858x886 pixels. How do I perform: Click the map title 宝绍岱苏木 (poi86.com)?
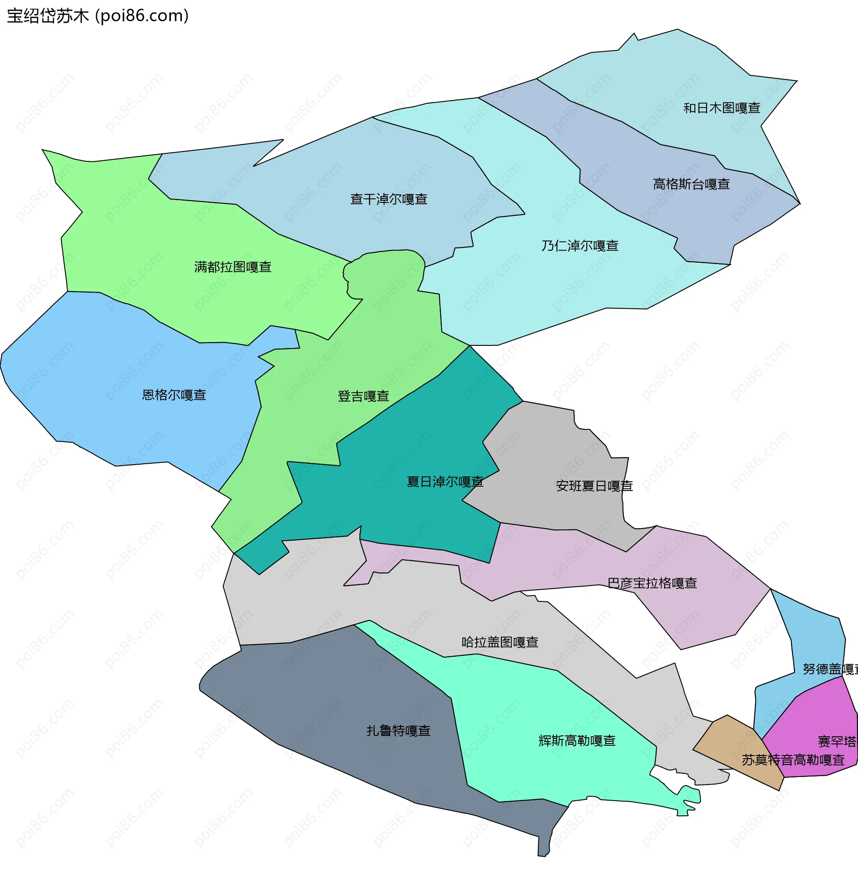point(98,16)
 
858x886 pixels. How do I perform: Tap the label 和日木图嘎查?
point(721,108)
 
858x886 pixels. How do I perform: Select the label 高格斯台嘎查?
point(691,184)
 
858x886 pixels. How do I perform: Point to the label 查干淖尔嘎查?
point(389,199)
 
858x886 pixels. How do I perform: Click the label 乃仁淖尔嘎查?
point(580,245)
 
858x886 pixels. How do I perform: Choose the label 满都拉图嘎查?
point(233,267)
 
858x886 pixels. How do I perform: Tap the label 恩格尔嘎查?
point(174,395)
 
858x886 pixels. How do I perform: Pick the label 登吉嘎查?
point(363,396)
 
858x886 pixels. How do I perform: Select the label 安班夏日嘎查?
point(594,486)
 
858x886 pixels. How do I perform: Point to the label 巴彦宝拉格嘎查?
point(652,583)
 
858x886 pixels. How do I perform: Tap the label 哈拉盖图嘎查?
point(500,642)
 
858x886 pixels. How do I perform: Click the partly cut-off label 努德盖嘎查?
point(830,668)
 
